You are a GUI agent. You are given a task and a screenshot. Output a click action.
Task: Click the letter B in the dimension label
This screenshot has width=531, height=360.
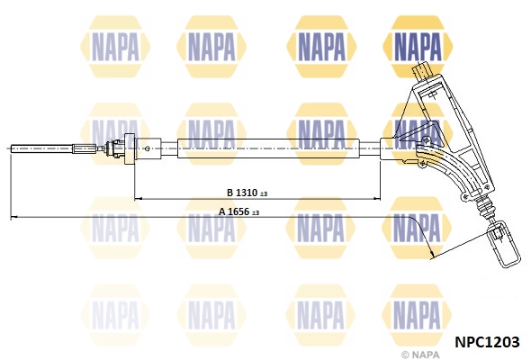pyautogui.click(x=229, y=193)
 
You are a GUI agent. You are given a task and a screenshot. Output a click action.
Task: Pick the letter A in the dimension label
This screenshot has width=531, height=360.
pyautogui.click(x=221, y=212)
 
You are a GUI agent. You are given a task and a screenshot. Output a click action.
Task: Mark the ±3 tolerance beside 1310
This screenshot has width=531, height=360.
pyautogui.click(x=264, y=193)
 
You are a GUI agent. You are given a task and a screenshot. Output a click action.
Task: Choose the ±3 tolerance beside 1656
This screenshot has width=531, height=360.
pyautogui.click(x=255, y=213)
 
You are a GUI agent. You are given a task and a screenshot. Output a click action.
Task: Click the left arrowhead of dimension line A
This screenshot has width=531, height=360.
pyautogui.click(x=13, y=218)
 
